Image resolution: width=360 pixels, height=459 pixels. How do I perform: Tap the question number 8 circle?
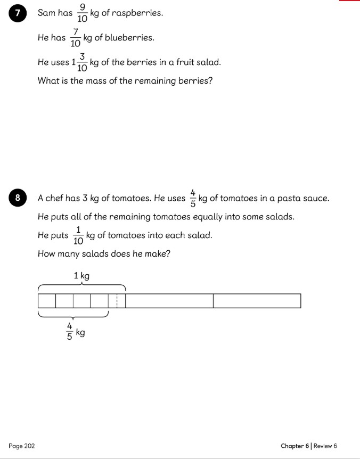click(18, 199)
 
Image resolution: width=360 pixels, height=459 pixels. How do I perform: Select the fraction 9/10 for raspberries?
click(81, 13)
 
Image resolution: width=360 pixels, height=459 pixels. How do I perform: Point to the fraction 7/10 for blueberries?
click(75, 38)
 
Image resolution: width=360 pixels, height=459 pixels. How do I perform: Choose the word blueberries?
click(132, 38)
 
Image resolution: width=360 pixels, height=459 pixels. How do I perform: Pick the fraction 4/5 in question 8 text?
click(193, 198)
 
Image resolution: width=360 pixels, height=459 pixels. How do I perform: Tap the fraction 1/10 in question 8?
click(78, 235)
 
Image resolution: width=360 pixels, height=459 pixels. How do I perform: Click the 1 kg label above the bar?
click(81, 276)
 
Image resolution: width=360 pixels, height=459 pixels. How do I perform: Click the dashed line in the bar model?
click(117, 301)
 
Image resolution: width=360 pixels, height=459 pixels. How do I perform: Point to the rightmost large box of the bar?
click(257, 301)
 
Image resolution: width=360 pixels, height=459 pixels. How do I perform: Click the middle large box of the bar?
click(169, 301)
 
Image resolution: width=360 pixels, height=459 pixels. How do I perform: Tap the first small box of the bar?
click(47, 301)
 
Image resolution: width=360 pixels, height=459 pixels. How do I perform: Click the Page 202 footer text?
click(22, 446)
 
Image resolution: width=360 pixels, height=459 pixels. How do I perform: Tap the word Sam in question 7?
click(46, 13)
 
